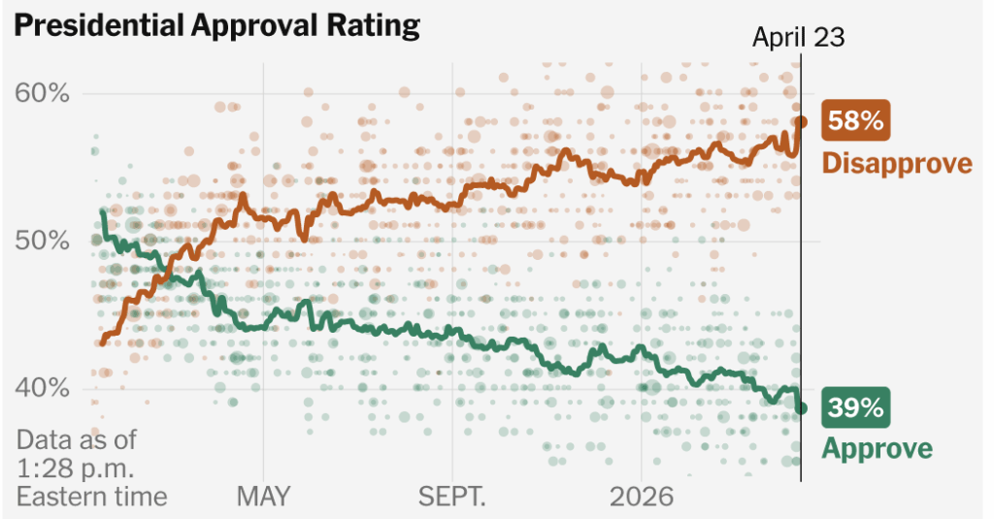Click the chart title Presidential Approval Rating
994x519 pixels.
point(216,25)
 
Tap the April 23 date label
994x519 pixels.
point(799,37)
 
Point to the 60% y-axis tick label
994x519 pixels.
point(43,93)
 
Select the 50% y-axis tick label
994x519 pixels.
point(43,241)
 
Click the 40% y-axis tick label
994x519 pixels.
point(43,388)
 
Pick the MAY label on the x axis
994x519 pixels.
point(263,497)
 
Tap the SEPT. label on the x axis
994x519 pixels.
point(451,497)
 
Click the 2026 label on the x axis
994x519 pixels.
point(641,497)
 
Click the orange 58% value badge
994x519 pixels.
point(855,122)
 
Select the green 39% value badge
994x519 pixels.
point(855,408)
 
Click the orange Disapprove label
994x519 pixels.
point(897,162)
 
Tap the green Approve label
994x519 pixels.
point(878,448)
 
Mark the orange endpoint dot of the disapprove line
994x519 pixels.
point(801,122)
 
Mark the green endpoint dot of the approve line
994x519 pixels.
point(801,408)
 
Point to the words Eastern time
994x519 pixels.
point(91,497)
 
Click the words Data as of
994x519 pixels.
point(77,438)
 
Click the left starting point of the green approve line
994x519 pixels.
point(103,211)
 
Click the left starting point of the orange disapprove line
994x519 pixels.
point(103,343)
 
